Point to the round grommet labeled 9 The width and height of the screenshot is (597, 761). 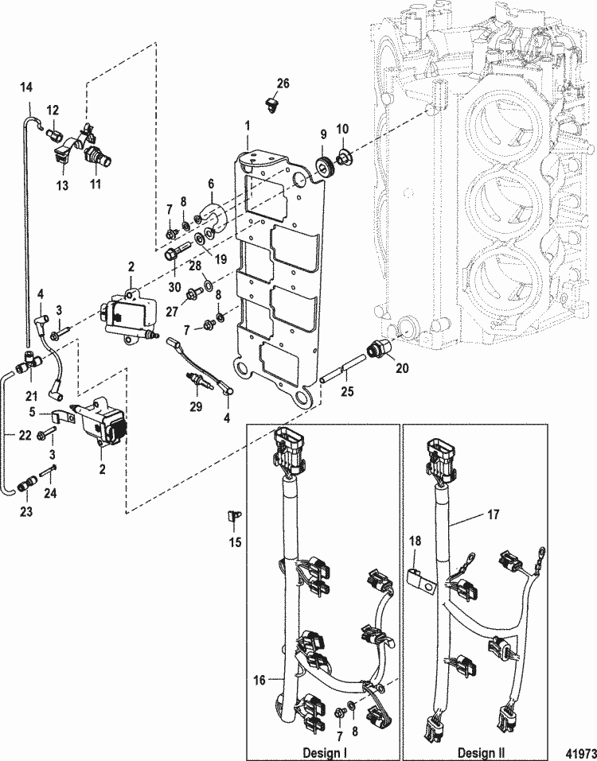[x=325, y=166]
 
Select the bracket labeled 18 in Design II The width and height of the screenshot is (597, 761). [x=420, y=579]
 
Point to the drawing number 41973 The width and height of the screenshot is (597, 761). [x=577, y=752]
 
